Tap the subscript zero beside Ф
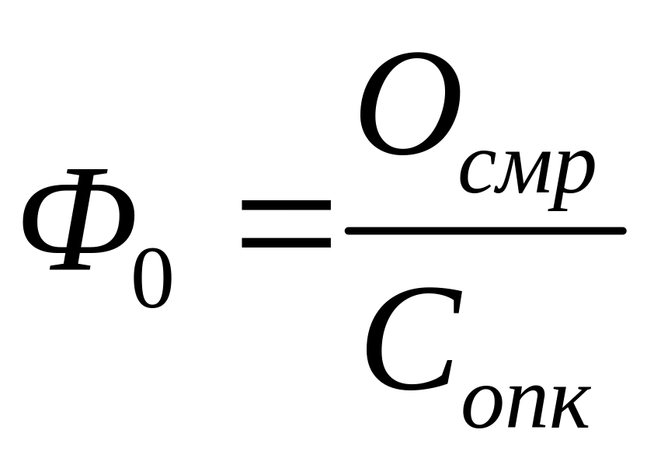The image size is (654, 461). [x=151, y=275]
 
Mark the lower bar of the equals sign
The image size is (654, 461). [x=286, y=242]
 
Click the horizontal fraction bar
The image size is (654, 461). [x=485, y=230]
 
